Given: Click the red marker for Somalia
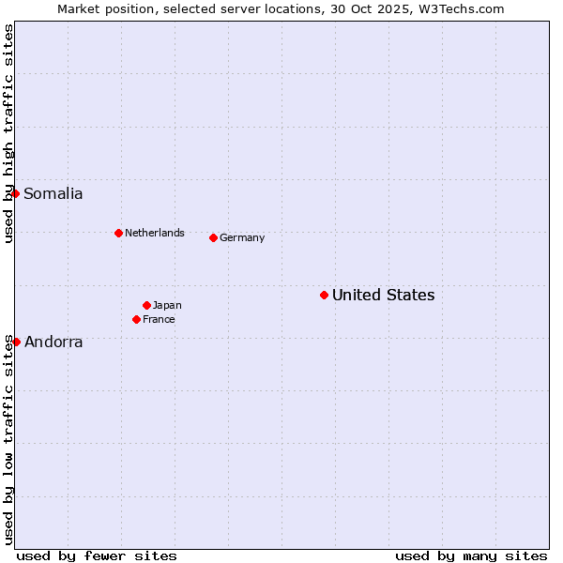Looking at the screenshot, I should click(x=16, y=193).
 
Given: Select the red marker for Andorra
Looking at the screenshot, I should click(x=16, y=342).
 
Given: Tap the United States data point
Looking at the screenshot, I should click(x=324, y=295).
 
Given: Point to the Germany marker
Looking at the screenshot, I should click(x=213, y=237).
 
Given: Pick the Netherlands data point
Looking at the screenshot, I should click(x=118, y=233).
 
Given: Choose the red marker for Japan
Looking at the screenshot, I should click(x=146, y=305).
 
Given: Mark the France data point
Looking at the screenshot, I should click(x=136, y=319).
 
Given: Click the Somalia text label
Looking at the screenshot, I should click(x=53, y=194).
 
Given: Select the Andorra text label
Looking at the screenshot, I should click(x=53, y=342).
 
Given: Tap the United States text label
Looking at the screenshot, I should click(x=383, y=296).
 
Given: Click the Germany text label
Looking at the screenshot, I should click(x=242, y=238).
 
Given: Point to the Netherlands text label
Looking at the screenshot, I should click(x=155, y=234).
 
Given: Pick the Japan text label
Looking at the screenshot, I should click(x=167, y=306).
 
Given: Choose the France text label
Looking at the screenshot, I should click(x=159, y=320).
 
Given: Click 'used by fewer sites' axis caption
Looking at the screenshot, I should click(x=97, y=555).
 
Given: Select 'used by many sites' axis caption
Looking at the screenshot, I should click(x=471, y=555).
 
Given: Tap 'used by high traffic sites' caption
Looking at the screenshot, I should click(x=8, y=133).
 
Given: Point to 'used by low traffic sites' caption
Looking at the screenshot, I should click(x=8, y=439).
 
